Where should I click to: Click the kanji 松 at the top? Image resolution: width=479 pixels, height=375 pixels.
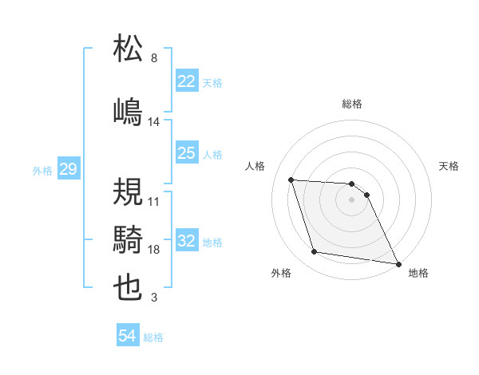point(129,49)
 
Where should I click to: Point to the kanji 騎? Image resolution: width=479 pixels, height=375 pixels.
point(129,239)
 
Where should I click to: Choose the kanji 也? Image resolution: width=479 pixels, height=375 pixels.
point(129,287)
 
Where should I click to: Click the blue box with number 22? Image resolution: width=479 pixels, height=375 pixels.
point(187,81)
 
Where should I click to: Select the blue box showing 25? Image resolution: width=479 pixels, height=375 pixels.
point(187,152)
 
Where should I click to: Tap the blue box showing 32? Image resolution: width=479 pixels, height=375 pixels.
point(187,241)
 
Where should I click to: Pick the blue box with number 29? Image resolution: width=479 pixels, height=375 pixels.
point(68,169)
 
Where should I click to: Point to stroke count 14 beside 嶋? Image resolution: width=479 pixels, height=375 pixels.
point(155,122)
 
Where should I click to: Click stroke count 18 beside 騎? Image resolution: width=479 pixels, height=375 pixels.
point(155,250)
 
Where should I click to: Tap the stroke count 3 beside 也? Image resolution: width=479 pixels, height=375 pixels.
point(154,298)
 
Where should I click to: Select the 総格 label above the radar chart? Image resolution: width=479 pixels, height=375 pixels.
point(352,104)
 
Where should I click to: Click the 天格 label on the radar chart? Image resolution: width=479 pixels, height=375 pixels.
point(449,166)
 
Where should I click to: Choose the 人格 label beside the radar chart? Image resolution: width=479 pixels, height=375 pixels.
point(256,166)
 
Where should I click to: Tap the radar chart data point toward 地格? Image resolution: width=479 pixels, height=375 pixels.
point(398,263)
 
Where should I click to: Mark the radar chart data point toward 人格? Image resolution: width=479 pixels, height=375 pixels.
point(291,180)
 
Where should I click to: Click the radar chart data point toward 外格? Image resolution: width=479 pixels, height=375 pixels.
point(315,252)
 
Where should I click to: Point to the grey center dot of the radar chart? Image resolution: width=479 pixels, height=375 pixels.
point(352,199)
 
